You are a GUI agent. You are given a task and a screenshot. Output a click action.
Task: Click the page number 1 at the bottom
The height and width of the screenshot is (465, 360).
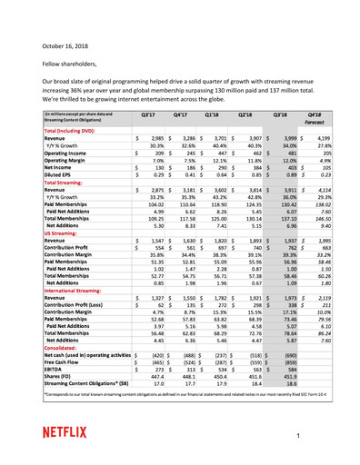point(324,436)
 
